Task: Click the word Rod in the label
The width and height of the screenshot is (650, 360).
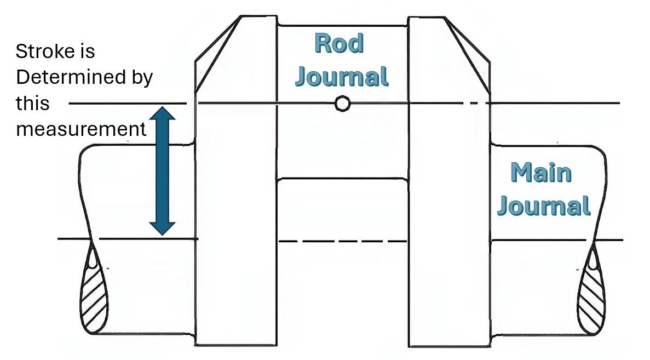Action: [339, 43]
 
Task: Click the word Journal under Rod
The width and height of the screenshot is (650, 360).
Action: [342, 77]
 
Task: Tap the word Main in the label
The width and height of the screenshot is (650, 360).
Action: [541, 173]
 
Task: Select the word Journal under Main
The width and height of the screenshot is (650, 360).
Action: [544, 205]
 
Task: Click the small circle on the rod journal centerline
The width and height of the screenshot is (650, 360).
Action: [342, 104]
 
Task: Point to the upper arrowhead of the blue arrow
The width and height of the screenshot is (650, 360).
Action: [163, 113]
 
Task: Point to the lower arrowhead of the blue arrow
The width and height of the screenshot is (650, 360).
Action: [163, 228]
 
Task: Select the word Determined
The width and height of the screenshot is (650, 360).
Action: [71, 78]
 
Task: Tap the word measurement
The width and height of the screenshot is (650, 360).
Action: [81, 129]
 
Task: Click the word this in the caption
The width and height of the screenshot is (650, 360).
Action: [32, 103]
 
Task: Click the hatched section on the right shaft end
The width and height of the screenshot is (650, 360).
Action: [591, 290]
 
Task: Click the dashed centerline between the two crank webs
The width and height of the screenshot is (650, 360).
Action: [342, 241]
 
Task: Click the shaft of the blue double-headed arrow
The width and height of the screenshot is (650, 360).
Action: [163, 171]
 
